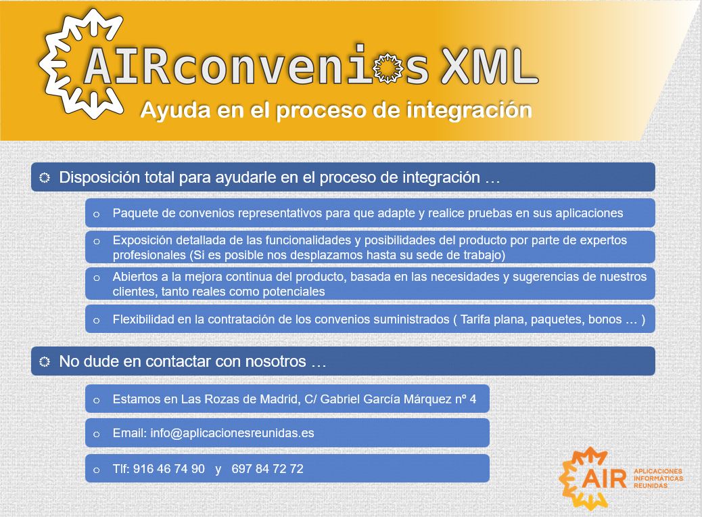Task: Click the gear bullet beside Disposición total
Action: (x=45, y=177)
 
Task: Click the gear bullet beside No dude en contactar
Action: (x=45, y=361)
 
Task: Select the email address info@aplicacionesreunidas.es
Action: (x=232, y=433)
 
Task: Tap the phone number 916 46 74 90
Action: (x=169, y=469)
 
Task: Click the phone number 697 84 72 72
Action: (x=267, y=469)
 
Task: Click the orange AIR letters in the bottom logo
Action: (x=605, y=479)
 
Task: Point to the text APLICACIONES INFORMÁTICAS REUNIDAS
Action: (x=658, y=478)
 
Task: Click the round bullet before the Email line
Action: (x=96, y=434)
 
